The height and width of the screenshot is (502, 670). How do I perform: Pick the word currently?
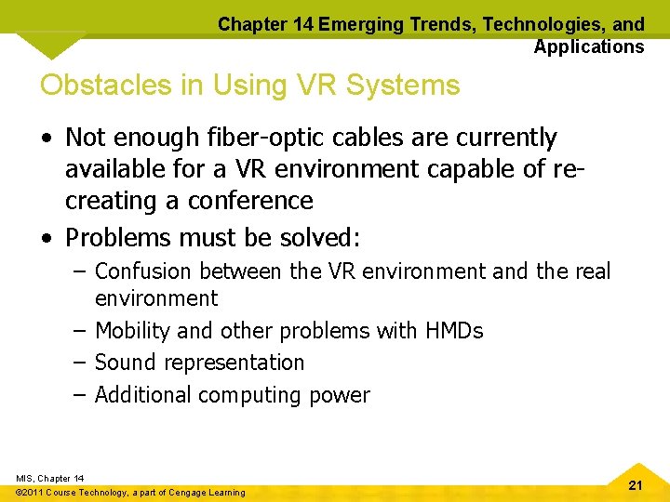coord(503,139)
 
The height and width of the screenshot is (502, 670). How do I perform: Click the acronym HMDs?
coord(454,331)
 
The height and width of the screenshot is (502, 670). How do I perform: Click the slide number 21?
coord(636,485)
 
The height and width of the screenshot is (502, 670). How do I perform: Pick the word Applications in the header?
coord(588,46)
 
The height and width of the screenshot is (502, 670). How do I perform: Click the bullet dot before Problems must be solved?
coord(47,238)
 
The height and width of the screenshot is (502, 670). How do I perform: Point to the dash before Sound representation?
coord(80,363)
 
